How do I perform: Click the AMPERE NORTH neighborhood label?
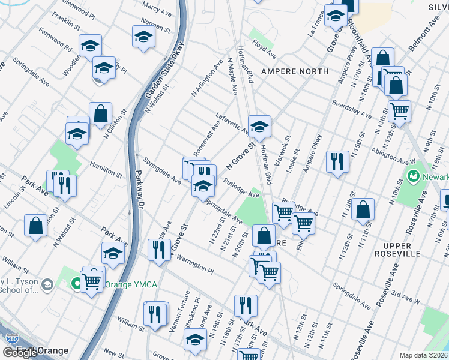click(x=295, y=71)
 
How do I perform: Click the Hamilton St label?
click(x=106, y=169)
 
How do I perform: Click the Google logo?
click(x=20, y=352)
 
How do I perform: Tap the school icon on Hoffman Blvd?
click(x=259, y=127)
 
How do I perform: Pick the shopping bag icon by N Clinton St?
click(x=100, y=113)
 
